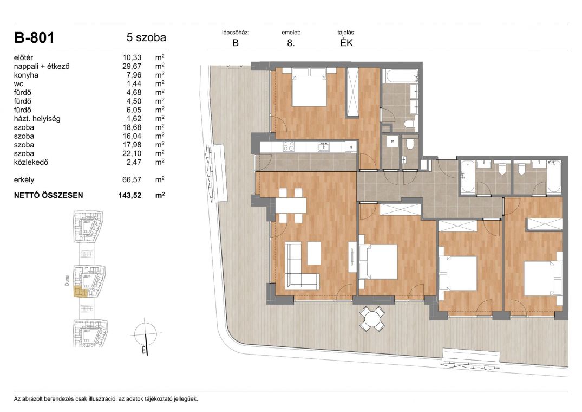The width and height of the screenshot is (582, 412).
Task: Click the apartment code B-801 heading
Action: point(34,37)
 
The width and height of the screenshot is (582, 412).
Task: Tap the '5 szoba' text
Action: point(146,37)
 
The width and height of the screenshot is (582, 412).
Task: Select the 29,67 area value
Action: point(132,67)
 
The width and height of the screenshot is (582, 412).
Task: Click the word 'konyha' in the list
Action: point(26,75)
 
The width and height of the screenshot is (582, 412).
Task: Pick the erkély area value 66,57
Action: point(132,180)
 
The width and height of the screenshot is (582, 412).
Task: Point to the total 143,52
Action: point(130,195)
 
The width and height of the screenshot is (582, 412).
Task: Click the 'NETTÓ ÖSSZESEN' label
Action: point(49,195)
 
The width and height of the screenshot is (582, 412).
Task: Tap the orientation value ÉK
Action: point(346,43)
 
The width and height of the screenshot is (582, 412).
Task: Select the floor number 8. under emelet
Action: point(291,43)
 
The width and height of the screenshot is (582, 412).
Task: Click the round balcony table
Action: point(372,319)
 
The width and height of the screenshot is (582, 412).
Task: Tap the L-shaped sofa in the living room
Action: point(302,266)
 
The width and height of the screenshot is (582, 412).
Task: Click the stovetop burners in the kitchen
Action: point(289,147)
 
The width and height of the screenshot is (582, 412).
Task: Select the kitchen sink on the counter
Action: point(324,147)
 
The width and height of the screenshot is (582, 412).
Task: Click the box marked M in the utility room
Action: point(393,141)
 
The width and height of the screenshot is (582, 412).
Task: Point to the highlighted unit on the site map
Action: point(81,292)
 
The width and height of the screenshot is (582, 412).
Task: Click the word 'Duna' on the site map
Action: point(67,280)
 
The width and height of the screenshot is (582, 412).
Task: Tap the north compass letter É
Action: point(144,350)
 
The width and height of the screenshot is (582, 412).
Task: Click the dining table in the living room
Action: point(291,205)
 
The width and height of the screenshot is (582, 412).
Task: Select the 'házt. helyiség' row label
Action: point(37,119)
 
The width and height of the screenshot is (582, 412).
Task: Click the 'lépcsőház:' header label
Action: point(236,33)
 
